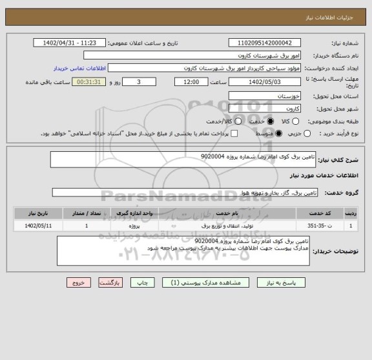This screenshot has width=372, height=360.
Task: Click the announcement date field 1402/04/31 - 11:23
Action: click(x=70, y=43)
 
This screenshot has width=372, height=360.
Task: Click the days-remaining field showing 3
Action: click(x=140, y=82)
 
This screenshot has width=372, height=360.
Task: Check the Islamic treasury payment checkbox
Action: click(x=234, y=134)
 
